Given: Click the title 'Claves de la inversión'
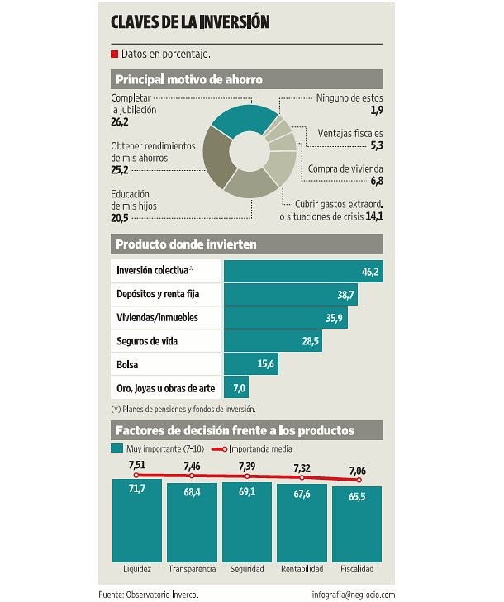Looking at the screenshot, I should pos(190,22).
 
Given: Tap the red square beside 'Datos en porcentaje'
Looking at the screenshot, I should pos(114,55).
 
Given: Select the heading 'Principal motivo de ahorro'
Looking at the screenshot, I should pos(189,80).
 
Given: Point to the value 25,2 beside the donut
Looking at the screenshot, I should pos(120,171).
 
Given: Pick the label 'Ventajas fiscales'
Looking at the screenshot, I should pos(350,133).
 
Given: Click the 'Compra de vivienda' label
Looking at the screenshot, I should pos(345,168).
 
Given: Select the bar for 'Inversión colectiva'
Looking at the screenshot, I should pos(302,271).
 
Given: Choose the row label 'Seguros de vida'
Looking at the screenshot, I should pos(146,341).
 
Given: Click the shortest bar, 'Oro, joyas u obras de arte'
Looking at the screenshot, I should pos(236,388).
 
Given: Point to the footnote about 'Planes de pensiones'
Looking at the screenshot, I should pos(183,409).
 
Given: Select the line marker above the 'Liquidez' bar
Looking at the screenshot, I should pos(137,475).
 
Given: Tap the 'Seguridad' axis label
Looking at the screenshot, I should pos(247,569).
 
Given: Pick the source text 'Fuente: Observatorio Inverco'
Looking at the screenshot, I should pos(149,594).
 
